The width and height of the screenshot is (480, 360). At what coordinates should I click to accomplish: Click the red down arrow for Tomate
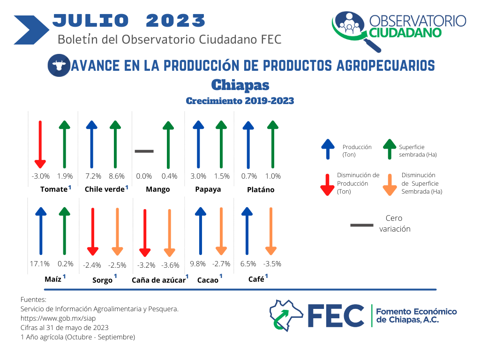pos(40,144)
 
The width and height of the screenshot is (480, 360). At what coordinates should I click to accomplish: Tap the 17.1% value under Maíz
pos(39,263)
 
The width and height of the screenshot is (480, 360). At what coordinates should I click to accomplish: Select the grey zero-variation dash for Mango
pos(144,151)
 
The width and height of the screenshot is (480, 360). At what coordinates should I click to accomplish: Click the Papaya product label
pos(208,189)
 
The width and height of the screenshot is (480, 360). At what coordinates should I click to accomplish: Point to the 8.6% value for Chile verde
pos(117,176)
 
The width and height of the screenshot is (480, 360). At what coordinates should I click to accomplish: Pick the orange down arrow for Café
pos(271,231)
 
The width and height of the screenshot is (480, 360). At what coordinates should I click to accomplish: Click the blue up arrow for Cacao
pos(201,231)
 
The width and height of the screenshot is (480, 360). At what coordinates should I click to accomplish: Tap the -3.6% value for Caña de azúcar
pos(170,265)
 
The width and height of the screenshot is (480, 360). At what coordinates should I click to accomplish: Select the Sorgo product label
pos(103,280)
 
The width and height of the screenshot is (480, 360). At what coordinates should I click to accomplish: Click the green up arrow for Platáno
pos(273,144)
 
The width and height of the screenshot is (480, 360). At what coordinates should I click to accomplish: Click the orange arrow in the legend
pos(390,185)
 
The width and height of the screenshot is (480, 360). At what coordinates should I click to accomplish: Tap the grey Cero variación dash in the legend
pos(362,225)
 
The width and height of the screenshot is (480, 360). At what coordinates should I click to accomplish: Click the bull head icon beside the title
pos(59,65)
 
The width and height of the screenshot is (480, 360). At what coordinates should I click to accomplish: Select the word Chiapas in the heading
pos(240,85)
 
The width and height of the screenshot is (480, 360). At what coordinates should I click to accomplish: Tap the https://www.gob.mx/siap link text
pos(58,318)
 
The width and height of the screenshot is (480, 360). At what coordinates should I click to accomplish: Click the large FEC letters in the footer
pos(336,315)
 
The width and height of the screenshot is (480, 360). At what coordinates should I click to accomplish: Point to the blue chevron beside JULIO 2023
pos(31,30)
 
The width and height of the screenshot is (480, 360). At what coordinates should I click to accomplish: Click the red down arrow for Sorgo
pos(93,232)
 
